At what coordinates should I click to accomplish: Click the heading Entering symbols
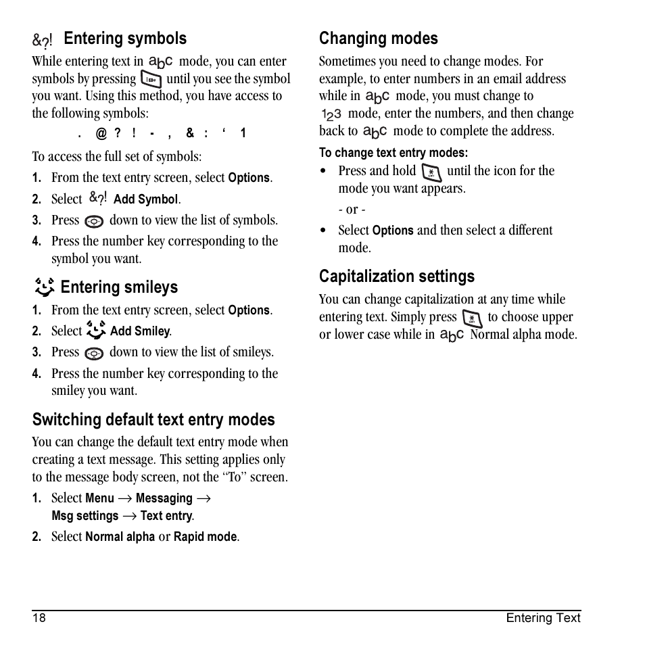click(125, 39)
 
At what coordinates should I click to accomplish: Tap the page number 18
click(39, 617)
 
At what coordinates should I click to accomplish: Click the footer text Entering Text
click(543, 617)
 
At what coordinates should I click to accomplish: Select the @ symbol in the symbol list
click(101, 134)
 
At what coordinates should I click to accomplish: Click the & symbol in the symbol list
click(190, 134)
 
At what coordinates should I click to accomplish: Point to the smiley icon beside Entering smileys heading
click(44, 287)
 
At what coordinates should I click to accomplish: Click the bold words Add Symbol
click(146, 199)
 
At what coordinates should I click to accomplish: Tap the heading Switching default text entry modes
click(153, 420)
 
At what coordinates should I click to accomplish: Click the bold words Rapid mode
click(206, 537)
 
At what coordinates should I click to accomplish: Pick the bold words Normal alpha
click(120, 537)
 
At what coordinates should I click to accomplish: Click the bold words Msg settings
click(85, 516)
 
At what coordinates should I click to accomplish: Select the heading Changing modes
click(378, 39)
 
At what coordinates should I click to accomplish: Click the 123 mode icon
click(331, 114)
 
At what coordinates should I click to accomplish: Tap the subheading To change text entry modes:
click(393, 153)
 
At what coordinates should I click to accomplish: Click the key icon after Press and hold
click(431, 172)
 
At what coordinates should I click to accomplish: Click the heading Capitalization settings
click(397, 277)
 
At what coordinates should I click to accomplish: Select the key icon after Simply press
click(472, 318)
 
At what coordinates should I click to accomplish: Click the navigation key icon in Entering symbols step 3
click(95, 221)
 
